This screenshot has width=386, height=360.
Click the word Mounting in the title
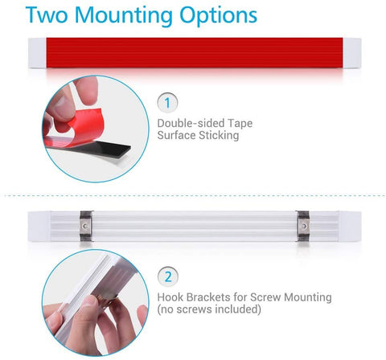click(124, 15)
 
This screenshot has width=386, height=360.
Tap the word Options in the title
click(218, 15)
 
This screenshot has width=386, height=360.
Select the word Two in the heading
click(47, 14)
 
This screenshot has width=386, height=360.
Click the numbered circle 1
click(167, 103)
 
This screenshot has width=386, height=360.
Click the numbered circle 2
click(168, 276)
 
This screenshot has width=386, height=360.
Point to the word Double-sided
click(191, 123)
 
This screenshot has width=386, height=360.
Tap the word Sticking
click(219, 135)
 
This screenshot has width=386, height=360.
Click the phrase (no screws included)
click(209, 309)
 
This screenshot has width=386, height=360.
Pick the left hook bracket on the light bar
click(86, 226)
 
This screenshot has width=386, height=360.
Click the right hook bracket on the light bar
click(303, 226)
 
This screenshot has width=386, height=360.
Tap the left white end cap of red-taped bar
click(37, 53)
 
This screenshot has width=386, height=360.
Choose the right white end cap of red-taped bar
click(352, 53)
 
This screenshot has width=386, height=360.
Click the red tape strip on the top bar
click(195, 52)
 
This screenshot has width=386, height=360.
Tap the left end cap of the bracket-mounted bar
click(39, 227)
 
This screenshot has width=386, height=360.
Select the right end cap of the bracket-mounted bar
click(350, 227)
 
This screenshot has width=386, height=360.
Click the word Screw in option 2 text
click(265, 297)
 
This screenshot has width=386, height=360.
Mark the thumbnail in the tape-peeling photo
click(60, 104)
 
